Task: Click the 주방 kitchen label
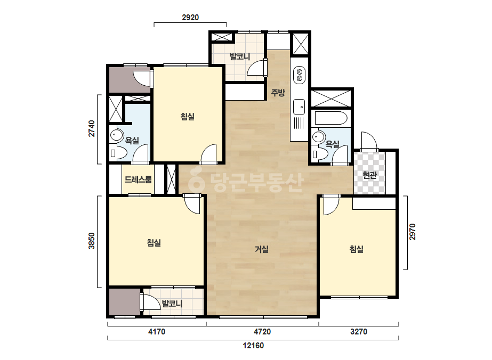click(278, 93)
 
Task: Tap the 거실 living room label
click(262, 249)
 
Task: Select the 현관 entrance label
click(369, 175)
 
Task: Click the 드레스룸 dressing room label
click(138, 179)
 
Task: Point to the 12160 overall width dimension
click(253, 346)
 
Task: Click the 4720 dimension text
click(262, 331)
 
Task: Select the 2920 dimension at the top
click(190, 18)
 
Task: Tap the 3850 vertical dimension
click(91, 241)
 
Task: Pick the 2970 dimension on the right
click(412, 232)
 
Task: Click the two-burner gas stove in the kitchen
click(299, 75)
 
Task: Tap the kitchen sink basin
click(299, 107)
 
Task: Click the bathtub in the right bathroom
click(331, 118)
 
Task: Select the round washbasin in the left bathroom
click(116, 135)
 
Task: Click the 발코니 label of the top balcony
click(240, 57)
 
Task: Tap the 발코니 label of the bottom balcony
click(172, 304)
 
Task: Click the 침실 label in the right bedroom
click(357, 249)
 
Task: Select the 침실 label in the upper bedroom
click(187, 117)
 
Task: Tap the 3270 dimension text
click(359, 331)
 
